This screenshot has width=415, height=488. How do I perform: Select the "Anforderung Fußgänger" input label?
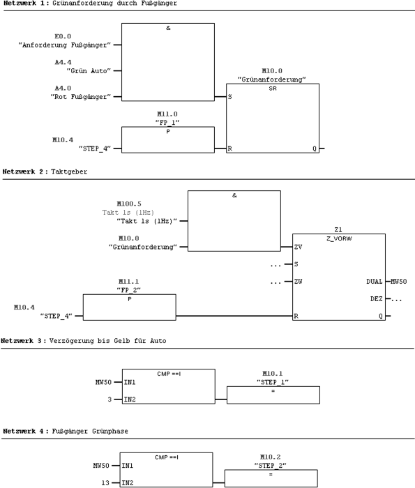(64, 45)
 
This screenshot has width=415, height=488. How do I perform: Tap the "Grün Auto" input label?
(89, 71)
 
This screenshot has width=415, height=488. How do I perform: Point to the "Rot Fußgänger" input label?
(82, 97)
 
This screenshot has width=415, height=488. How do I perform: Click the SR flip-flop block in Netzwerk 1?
(273, 119)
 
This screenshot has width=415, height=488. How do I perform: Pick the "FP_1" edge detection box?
(167, 140)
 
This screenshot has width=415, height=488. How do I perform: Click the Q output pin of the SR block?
(314, 148)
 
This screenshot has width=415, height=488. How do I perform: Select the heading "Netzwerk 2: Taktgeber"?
(45, 170)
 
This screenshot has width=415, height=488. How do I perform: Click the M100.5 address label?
(129, 204)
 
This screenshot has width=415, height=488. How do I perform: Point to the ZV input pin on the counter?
(298, 247)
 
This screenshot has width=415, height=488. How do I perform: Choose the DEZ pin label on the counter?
(376, 299)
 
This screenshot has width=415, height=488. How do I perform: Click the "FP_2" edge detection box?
(129, 307)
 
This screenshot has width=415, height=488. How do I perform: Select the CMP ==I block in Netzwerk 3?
(167, 386)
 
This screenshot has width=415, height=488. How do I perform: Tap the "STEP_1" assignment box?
(273, 395)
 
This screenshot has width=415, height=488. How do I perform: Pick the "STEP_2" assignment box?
(271, 478)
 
